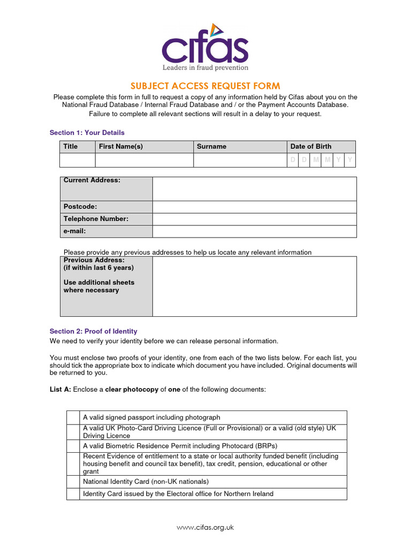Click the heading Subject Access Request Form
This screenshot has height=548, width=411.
(x=205, y=86)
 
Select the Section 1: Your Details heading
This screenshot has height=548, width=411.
(x=87, y=133)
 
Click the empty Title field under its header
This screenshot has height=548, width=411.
(x=78, y=160)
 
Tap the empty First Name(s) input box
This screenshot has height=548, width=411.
(x=144, y=160)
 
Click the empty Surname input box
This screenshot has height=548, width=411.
(x=240, y=160)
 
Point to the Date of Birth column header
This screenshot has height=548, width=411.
(x=310, y=147)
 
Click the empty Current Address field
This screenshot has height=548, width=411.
(x=254, y=189)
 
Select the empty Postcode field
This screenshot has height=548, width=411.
(x=254, y=207)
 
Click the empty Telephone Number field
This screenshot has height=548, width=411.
(x=254, y=219)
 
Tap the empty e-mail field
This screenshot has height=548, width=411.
(x=254, y=231)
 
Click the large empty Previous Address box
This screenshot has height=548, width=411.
(x=254, y=286)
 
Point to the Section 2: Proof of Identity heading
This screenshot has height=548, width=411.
(x=93, y=331)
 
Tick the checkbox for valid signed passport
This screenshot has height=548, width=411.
(x=73, y=417)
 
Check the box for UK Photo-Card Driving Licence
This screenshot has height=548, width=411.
(x=73, y=432)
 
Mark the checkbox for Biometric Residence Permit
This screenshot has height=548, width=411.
(x=73, y=446)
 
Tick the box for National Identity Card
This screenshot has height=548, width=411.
(x=73, y=482)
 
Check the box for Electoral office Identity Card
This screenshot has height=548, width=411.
(x=73, y=493)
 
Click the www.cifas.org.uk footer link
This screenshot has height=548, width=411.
(x=205, y=527)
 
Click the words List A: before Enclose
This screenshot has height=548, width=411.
(x=60, y=390)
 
